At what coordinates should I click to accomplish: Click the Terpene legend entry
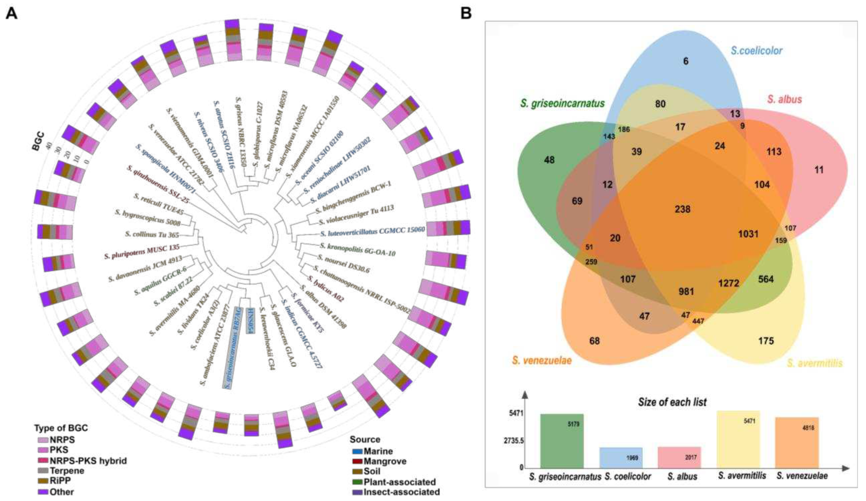67,471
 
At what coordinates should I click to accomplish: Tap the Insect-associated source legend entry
401,492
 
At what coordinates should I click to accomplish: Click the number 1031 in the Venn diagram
748,234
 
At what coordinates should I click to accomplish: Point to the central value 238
682,209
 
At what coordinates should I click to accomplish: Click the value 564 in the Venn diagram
766,279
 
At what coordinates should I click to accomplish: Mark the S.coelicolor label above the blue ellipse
756,51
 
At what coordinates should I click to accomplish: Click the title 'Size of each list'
672,402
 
